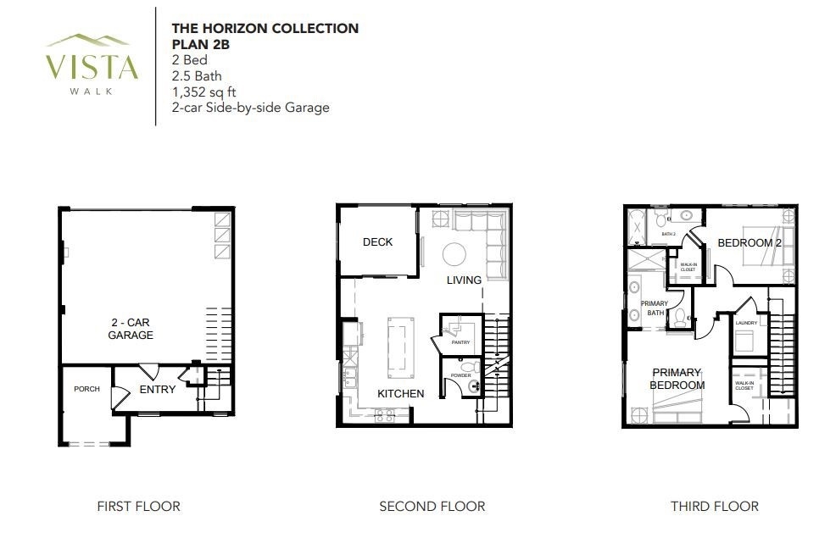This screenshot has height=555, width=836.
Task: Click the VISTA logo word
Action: [92, 67]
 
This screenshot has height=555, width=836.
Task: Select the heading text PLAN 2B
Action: [200, 44]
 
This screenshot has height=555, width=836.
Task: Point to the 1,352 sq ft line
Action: [203, 92]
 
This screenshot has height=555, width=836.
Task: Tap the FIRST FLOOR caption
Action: [138, 506]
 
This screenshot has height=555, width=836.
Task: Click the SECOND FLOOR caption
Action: [432, 506]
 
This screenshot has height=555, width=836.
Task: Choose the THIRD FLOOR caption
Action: [715, 506]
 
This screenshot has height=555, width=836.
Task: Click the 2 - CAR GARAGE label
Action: [131, 329]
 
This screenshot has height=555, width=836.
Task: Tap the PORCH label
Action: [86, 389]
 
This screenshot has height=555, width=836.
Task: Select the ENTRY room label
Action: [158, 390]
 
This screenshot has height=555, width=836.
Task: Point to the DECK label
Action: [377, 241]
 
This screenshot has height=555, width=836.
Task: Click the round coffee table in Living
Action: [454, 254]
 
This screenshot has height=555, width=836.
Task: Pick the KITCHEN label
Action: [401, 394]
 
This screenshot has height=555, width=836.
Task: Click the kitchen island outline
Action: [401, 347]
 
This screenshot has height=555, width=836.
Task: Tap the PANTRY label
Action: [460, 342]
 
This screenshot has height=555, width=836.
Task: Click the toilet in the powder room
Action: [470, 367]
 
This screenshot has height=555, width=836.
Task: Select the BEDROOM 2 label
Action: [750, 243]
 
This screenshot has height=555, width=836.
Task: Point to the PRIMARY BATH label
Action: [655, 308]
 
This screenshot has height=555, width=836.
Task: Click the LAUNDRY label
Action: [746, 323]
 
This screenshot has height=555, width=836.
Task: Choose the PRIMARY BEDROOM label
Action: [677, 379]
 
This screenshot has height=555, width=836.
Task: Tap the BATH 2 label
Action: [669, 234]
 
